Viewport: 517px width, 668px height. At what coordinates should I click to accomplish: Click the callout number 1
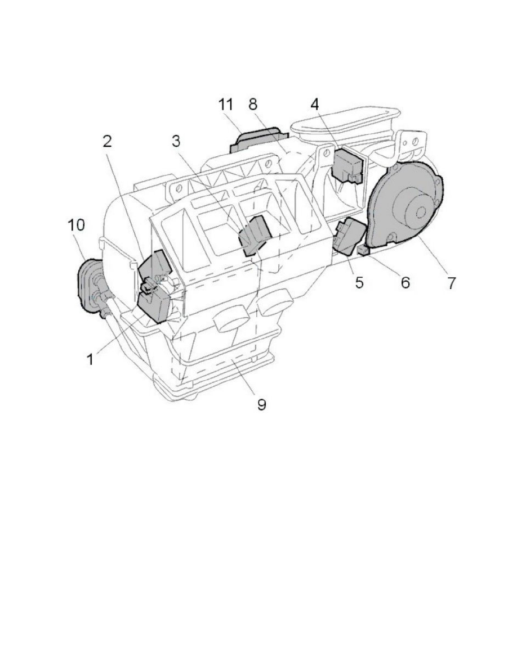[x=90, y=359]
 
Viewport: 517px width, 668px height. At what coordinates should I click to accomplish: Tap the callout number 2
[x=107, y=141]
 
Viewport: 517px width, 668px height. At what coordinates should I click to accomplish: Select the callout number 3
[x=176, y=141]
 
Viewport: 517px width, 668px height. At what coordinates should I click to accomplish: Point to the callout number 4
[x=315, y=104]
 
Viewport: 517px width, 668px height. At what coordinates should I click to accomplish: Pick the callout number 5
[x=359, y=282]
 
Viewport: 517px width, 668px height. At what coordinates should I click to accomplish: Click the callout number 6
[x=405, y=282]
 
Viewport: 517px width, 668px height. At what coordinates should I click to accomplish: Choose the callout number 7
[x=451, y=282]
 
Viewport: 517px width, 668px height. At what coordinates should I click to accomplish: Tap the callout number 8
[x=252, y=104]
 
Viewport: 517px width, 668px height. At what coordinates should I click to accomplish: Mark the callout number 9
[x=261, y=403]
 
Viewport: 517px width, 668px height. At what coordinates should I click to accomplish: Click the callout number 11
[x=226, y=104]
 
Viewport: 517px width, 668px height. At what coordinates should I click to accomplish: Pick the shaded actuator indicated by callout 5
[x=349, y=236]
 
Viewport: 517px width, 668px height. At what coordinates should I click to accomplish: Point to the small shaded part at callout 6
[x=363, y=251]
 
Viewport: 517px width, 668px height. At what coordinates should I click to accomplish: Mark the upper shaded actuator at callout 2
[x=155, y=267]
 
